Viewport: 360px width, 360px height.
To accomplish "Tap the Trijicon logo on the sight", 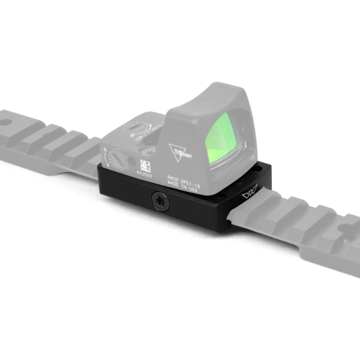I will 181,152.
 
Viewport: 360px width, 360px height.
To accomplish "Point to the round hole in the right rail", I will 347,228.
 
